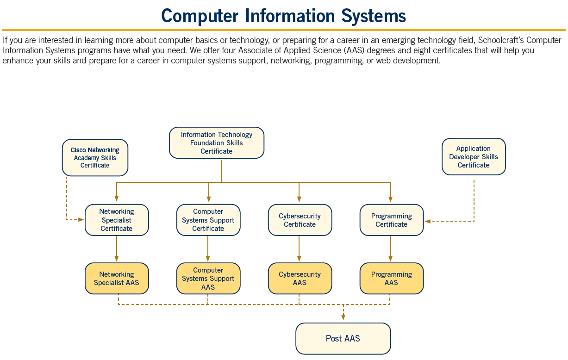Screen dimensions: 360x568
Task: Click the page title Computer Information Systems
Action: (x=283, y=16)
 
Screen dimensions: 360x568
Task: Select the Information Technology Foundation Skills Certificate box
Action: (x=217, y=143)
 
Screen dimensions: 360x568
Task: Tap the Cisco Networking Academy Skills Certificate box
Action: (x=95, y=158)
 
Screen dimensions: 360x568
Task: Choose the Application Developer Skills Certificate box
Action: (x=474, y=157)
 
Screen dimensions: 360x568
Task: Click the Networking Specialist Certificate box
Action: (x=117, y=220)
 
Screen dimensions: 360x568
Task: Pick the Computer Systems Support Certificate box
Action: (x=208, y=220)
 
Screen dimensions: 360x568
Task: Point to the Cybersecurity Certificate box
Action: (x=300, y=220)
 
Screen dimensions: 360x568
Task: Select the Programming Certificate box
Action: (x=392, y=220)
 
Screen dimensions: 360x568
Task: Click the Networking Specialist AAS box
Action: (x=117, y=279)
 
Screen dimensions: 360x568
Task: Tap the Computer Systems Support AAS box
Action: (x=208, y=279)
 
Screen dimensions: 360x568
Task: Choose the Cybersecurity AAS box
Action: (x=300, y=279)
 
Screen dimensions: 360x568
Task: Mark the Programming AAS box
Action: (x=392, y=279)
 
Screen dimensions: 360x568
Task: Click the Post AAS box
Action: (x=343, y=339)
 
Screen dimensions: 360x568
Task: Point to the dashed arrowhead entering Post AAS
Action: (x=343, y=317)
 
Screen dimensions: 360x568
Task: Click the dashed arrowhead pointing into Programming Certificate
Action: (x=428, y=221)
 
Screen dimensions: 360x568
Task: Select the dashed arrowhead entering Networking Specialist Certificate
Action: (x=81, y=220)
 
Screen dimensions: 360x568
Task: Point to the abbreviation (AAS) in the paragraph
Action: (x=355, y=50)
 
